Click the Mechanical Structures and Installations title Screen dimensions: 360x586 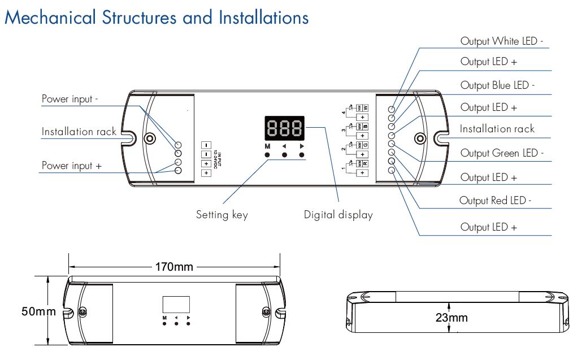[x=157, y=17]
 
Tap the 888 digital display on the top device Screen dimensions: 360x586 [x=285, y=129]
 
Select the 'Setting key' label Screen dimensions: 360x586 [x=222, y=215]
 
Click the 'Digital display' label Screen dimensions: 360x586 [x=338, y=215]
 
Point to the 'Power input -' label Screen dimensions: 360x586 [x=70, y=99]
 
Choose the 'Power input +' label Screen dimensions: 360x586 [x=72, y=166]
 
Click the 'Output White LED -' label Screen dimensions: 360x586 [x=502, y=41]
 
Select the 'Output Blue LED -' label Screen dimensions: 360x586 [x=497, y=85]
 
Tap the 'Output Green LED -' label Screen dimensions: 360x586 [x=502, y=153]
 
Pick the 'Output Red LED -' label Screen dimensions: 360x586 [x=495, y=201]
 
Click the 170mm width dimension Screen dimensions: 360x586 [x=175, y=267]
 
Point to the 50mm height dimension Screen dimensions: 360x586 [x=39, y=311]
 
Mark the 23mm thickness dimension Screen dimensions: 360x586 [x=452, y=318]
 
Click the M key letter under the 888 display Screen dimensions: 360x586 [x=267, y=146]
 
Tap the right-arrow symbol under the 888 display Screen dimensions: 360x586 [x=302, y=146]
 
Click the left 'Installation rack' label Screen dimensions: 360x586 [x=79, y=132]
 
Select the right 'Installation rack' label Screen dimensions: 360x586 [x=497, y=129]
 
